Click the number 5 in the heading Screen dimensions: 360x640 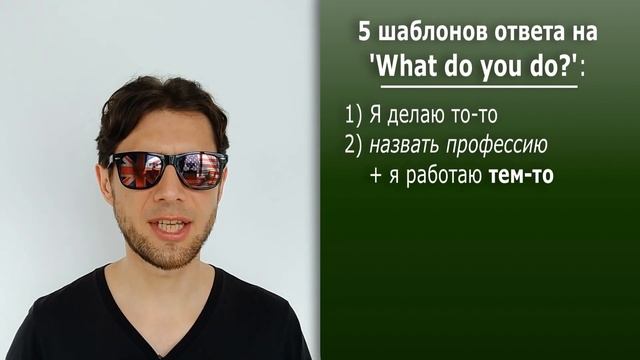(x=365, y=32)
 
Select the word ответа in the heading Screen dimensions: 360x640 (x=525, y=32)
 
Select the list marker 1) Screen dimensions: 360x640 (x=351, y=116)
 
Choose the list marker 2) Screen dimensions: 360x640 (x=351, y=145)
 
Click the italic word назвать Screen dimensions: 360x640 (x=404, y=145)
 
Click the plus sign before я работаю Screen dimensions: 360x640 (x=375, y=175)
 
